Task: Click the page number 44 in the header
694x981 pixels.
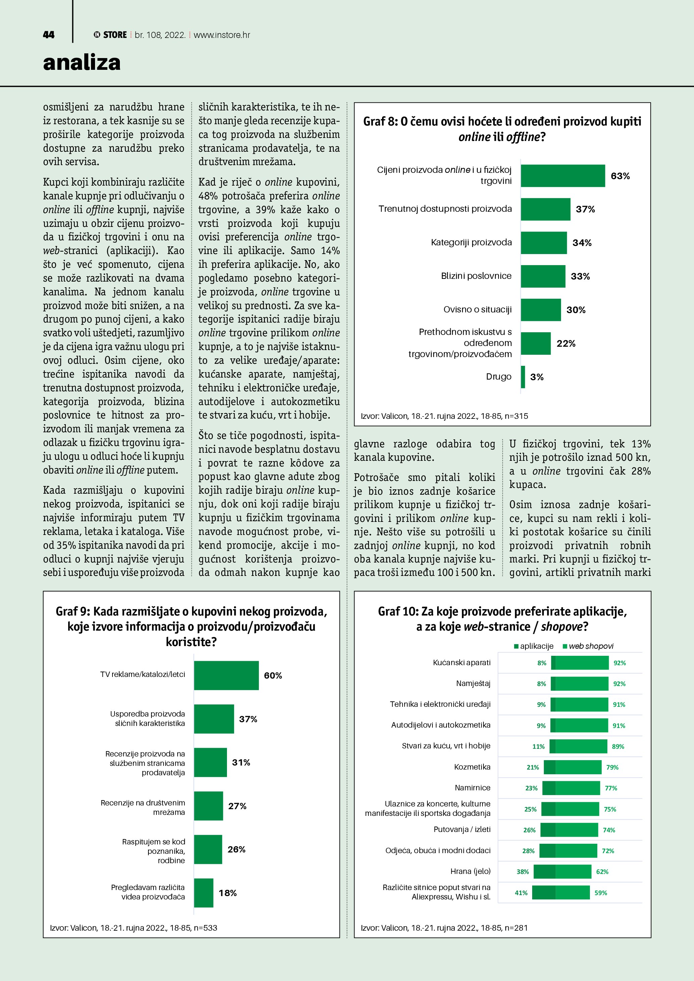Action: (49, 35)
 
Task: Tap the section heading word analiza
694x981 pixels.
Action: (82, 63)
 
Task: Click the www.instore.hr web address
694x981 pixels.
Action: (222, 35)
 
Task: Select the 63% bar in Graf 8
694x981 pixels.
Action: (562, 176)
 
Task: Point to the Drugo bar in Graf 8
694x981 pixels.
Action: (523, 377)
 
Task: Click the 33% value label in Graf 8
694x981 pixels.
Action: (580, 277)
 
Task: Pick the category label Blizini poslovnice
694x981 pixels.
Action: (476, 276)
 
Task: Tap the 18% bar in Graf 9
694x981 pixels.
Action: (203, 893)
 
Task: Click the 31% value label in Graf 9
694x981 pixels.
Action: (241, 763)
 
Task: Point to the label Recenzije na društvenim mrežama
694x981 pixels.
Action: (143, 807)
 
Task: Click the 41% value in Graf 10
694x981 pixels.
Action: (521, 893)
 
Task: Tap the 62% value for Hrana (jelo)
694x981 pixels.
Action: (602, 872)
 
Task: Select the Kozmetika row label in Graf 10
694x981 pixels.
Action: (472, 767)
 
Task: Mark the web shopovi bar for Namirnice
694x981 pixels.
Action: (578, 788)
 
